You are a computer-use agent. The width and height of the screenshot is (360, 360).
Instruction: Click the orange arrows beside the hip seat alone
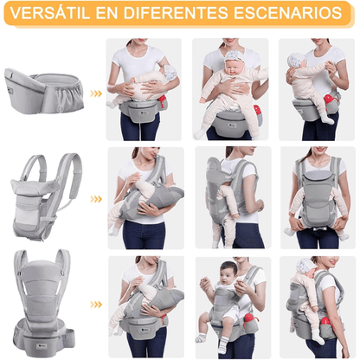96,93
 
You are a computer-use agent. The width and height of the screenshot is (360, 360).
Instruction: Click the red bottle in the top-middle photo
256,111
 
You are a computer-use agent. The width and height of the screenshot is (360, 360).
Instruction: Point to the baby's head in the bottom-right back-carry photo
303,267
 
